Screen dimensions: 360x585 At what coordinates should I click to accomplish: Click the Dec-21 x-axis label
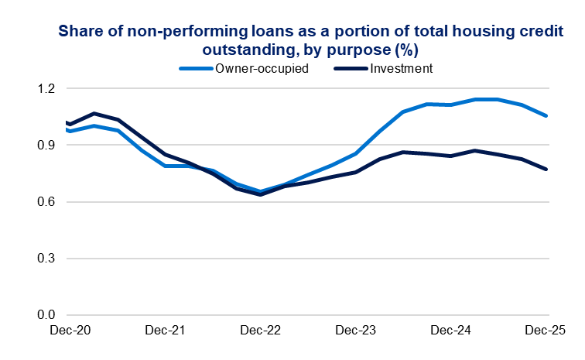point(165,331)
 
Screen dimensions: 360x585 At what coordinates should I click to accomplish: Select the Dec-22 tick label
point(260,331)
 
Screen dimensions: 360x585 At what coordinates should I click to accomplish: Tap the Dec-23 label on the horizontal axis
point(356,331)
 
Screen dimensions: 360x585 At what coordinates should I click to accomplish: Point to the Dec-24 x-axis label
point(451,331)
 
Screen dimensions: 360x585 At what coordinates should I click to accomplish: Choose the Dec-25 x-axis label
point(546,331)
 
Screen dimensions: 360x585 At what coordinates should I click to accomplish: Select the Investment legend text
point(401,68)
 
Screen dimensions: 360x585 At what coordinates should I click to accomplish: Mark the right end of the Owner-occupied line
point(546,116)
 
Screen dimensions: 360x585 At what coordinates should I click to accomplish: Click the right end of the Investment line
point(546,169)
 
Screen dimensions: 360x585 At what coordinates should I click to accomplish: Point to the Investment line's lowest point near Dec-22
point(260,194)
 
